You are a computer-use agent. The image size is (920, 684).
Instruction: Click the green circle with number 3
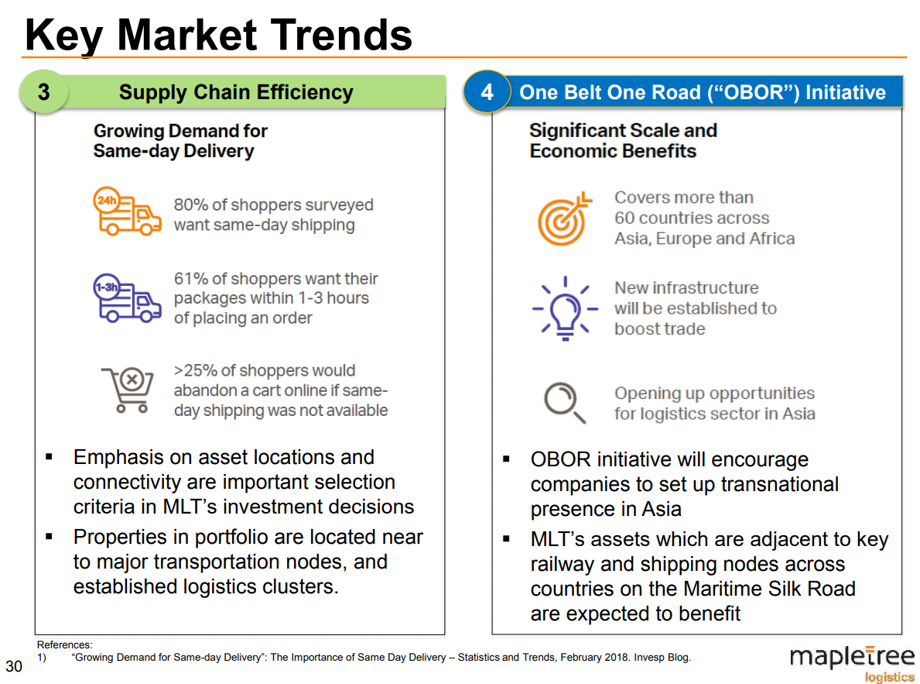(x=43, y=92)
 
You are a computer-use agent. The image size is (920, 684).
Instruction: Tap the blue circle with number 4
(x=487, y=92)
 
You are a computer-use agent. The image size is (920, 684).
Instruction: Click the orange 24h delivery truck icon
(x=128, y=211)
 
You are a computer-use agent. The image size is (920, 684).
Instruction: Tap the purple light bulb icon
(x=565, y=308)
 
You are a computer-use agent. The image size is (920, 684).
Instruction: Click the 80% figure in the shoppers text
(x=191, y=205)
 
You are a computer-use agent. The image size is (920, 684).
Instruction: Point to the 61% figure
(x=190, y=279)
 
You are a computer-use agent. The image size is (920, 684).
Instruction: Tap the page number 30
(x=14, y=666)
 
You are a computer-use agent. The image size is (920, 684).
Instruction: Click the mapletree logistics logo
(x=850, y=663)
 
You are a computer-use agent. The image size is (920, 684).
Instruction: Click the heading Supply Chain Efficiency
(x=236, y=93)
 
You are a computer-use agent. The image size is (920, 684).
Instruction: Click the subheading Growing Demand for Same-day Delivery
(x=180, y=140)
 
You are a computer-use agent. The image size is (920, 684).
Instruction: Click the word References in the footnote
(x=63, y=644)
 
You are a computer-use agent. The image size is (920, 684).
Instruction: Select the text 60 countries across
(x=692, y=218)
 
